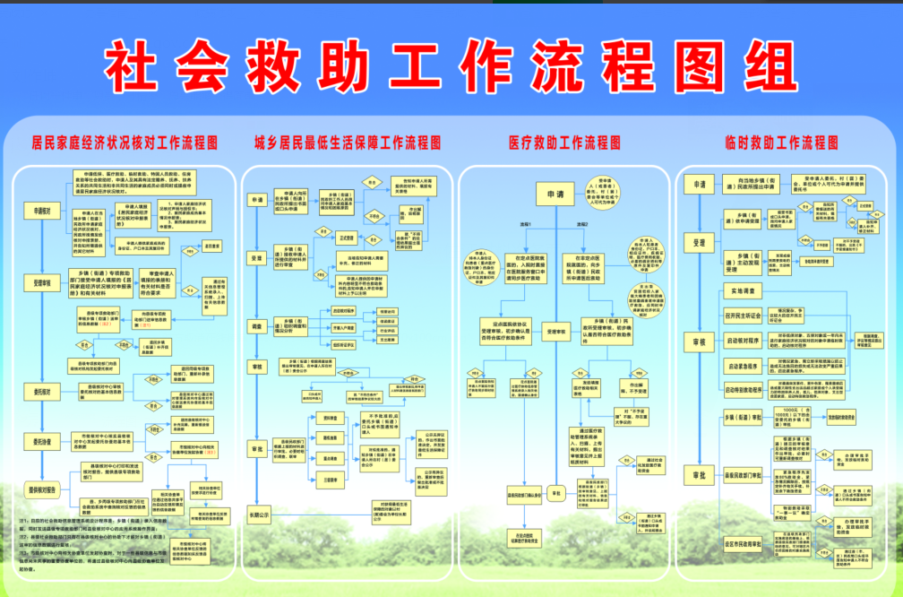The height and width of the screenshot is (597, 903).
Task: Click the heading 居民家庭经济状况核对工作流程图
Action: [x=125, y=143]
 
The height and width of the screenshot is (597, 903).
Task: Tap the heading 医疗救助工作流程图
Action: [x=564, y=143]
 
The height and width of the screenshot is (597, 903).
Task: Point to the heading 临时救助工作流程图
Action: [x=781, y=143]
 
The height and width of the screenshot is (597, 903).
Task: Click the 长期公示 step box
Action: [x=261, y=516]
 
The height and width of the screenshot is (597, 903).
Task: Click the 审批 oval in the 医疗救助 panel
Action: [x=555, y=494]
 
